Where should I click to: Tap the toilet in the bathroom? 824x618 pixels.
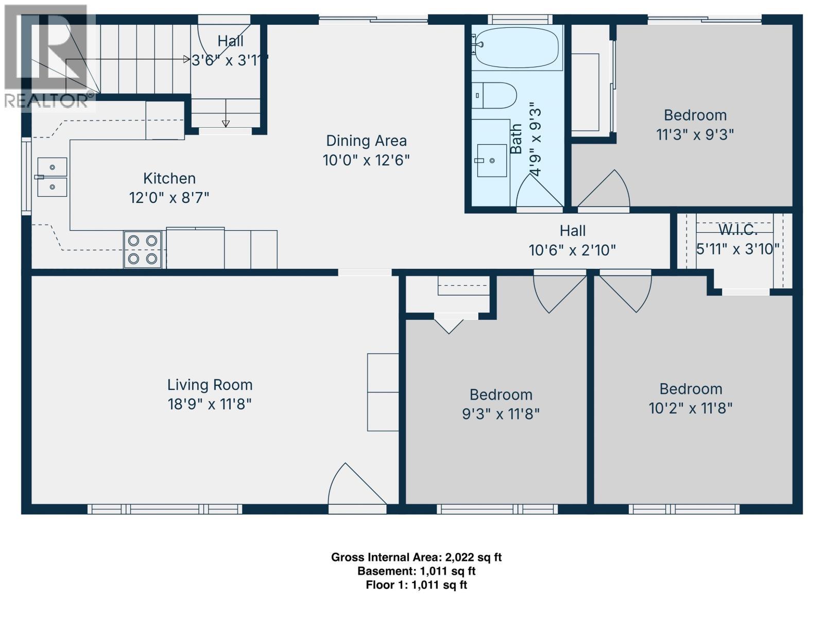(x=494, y=95)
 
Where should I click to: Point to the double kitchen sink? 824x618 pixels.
(x=52, y=177)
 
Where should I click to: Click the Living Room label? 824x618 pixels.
(x=210, y=385)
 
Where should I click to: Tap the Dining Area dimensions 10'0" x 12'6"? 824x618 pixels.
(x=366, y=160)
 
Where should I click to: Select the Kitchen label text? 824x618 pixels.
(x=169, y=179)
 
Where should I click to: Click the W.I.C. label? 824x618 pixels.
(x=737, y=229)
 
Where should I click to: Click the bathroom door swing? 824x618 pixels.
(x=538, y=193)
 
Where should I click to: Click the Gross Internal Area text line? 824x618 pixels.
(x=416, y=557)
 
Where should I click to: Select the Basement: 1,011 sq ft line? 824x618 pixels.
(x=416, y=571)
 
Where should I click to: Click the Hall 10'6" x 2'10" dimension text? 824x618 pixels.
(x=572, y=250)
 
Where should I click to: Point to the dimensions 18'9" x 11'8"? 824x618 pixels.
(x=210, y=404)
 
